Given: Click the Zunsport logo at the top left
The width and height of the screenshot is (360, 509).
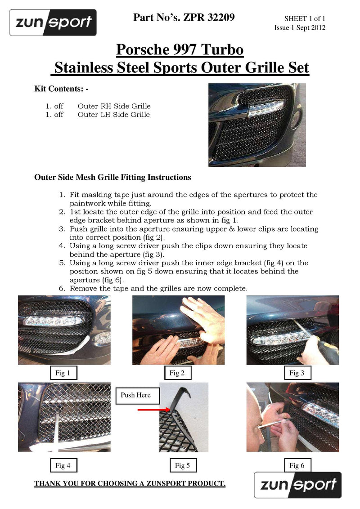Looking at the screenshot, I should (x=53, y=22).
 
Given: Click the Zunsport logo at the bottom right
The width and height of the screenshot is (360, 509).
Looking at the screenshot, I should (x=298, y=485).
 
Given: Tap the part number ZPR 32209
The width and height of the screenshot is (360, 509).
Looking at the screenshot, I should (x=184, y=18).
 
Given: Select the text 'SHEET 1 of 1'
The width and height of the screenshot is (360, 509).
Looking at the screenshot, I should (x=304, y=18).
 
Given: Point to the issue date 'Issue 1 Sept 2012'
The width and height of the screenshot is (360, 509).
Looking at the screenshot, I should (x=300, y=28).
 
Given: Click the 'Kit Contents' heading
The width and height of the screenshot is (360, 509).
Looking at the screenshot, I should (x=61, y=89).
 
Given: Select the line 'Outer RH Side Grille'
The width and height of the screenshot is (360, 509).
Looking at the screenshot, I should (x=114, y=106).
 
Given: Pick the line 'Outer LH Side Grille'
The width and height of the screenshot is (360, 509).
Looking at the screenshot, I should (x=113, y=115).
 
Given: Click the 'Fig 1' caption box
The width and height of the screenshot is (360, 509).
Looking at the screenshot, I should (x=63, y=373).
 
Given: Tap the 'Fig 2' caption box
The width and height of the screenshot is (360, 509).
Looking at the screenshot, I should (x=177, y=373).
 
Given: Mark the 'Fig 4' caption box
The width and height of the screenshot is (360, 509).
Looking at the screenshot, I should (x=63, y=465).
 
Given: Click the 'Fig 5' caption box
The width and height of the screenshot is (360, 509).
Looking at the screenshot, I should (x=182, y=465).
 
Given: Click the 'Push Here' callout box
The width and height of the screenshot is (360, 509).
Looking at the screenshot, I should (x=135, y=395).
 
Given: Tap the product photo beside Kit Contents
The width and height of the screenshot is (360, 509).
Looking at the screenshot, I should (x=257, y=125).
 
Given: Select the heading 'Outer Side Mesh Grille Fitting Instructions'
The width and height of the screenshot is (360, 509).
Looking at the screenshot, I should (x=112, y=177).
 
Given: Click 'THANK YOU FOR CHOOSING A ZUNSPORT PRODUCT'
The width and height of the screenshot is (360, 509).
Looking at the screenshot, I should (x=130, y=483).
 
